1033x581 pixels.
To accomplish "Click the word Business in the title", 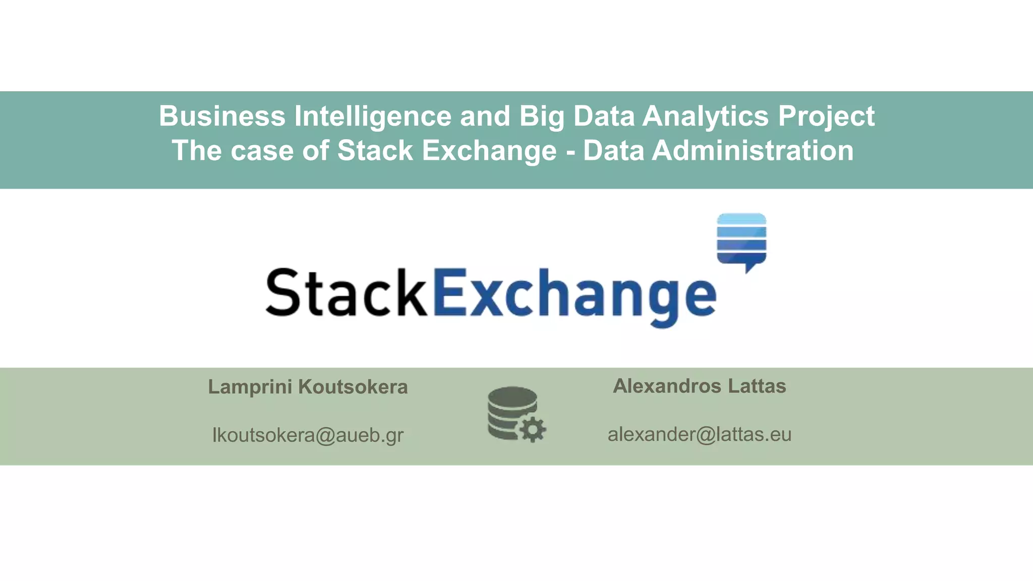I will pyautogui.click(x=222, y=116).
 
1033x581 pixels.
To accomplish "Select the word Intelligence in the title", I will pyautogui.click(x=373, y=116).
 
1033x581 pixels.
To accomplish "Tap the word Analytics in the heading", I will pyautogui.click(x=706, y=116).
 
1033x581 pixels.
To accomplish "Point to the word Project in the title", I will pyautogui.click(x=826, y=117).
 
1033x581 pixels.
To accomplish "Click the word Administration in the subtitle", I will pyautogui.click(x=753, y=151).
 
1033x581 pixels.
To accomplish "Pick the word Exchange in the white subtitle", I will pyautogui.click(x=489, y=151).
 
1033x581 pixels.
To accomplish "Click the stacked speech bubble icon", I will pyautogui.click(x=741, y=240).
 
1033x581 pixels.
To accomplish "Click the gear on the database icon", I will pyautogui.click(x=533, y=430).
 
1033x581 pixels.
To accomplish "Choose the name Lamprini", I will pyautogui.click(x=250, y=387).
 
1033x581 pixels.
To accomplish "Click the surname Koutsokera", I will pyautogui.click(x=353, y=387).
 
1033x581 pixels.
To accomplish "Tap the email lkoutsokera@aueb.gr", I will pyautogui.click(x=308, y=435).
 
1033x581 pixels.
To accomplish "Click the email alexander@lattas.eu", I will pyautogui.click(x=699, y=434).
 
